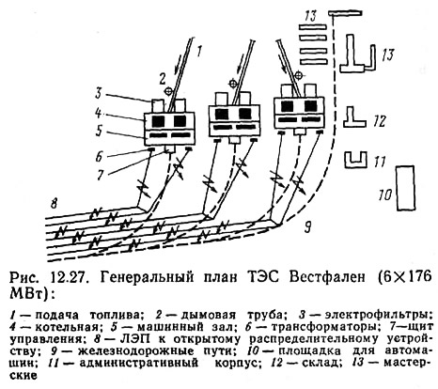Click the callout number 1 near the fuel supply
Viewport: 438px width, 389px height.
(199, 50)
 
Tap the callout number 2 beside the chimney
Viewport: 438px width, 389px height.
(163, 79)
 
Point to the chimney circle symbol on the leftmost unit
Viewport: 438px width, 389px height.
(168, 91)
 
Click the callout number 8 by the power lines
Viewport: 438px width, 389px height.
(54, 204)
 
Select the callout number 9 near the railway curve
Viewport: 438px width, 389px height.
(308, 227)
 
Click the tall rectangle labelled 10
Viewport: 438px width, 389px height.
(406, 188)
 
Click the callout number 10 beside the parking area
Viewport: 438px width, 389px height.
(385, 194)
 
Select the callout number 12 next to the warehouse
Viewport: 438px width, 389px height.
(380, 121)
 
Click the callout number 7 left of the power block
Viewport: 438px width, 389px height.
(100, 176)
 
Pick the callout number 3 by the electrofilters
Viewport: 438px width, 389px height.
(99, 94)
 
